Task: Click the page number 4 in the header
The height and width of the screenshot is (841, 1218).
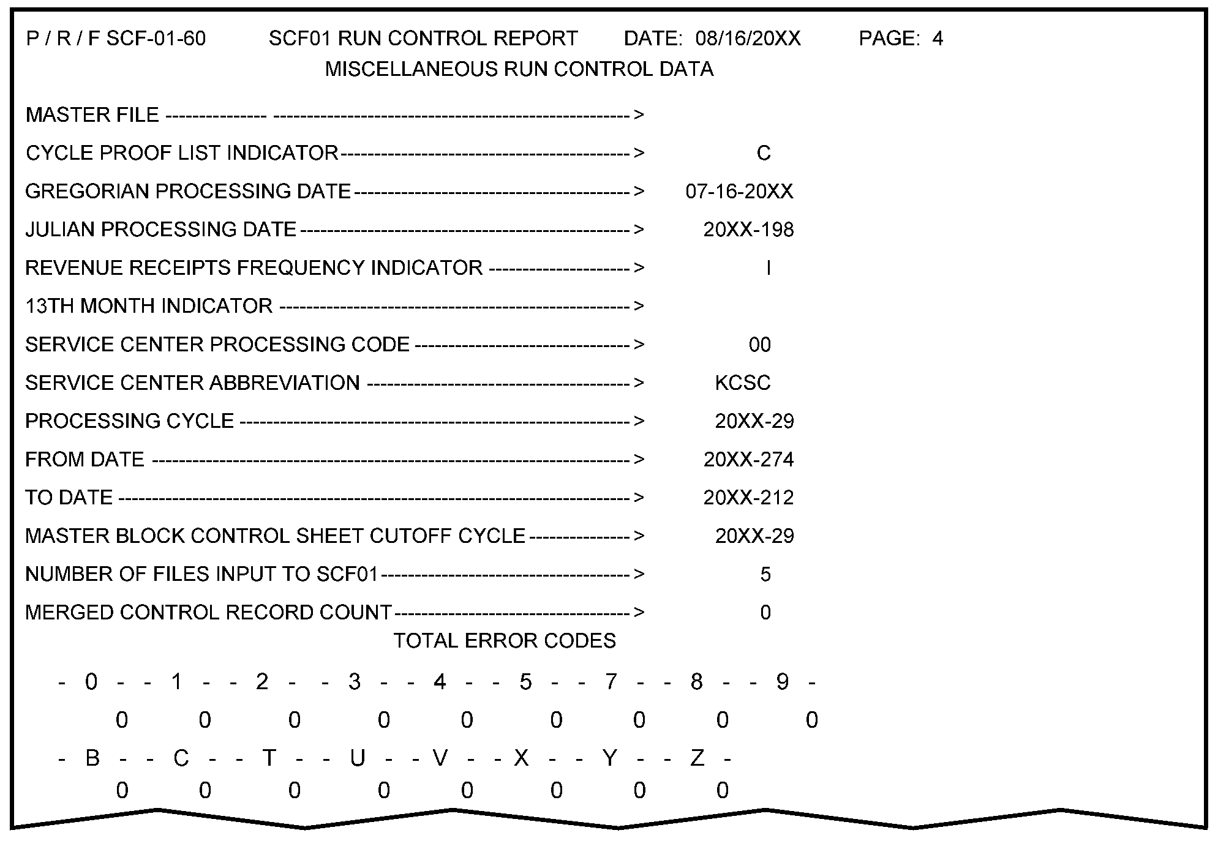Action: click(938, 39)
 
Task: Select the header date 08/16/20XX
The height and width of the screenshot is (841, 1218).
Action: click(748, 39)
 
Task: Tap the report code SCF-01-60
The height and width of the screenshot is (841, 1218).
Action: click(156, 39)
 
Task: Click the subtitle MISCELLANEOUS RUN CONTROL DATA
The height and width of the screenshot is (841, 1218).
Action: click(519, 69)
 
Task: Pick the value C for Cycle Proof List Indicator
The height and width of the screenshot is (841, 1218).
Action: click(763, 153)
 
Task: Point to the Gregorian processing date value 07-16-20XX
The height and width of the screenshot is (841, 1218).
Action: click(739, 192)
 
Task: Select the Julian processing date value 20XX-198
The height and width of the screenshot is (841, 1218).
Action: click(748, 230)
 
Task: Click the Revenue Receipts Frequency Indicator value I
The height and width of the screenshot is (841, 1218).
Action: click(768, 268)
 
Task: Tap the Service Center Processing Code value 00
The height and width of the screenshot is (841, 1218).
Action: click(759, 345)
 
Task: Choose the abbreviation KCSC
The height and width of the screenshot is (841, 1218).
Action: click(743, 383)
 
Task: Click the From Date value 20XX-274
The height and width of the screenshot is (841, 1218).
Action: click(748, 460)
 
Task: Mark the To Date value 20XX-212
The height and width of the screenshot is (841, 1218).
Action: click(748, 498)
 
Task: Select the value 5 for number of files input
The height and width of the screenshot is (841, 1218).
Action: click(765, 575)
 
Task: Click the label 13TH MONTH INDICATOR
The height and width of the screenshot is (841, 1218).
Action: click(149, 306)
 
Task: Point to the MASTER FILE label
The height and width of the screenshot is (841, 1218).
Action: click(92, 115)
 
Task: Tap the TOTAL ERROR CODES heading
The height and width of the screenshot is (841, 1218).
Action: click(505, 641)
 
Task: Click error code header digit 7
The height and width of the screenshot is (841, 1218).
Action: click(611, 682)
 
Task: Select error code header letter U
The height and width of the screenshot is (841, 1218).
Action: click(358, 758)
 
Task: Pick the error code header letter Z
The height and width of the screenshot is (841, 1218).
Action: click(697, 758)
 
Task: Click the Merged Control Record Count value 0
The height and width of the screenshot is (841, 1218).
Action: click(765, 613)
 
